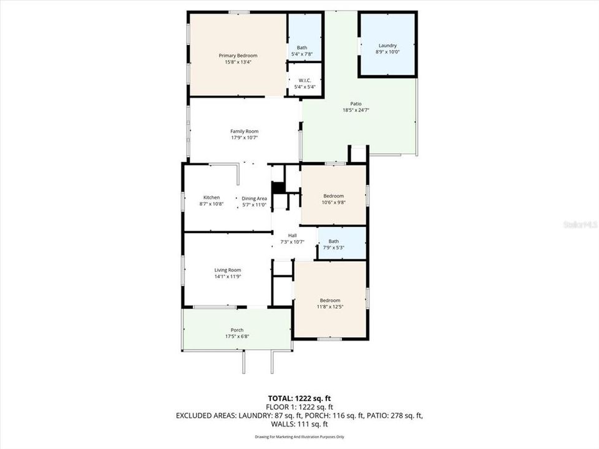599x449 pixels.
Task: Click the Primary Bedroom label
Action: [x=238, y=56]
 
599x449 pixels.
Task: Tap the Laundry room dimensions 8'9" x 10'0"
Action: [x=387, y=52]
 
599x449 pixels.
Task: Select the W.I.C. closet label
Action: [x=305, y=80]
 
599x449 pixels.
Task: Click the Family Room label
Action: [x=244, y=131]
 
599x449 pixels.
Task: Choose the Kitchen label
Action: [x=211, y=198]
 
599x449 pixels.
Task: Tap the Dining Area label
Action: [x=254, y=198]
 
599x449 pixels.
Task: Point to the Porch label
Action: [x=237, y=330]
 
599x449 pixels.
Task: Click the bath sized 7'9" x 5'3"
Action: [x=334, y=244]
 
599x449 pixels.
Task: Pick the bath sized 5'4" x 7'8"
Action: [x=302, y=51]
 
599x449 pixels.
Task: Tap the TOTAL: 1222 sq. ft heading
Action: [x=299, y=397]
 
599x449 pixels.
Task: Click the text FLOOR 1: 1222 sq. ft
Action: [x=299, y=406]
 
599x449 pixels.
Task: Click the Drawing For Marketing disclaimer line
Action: [x=299, y=437]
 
